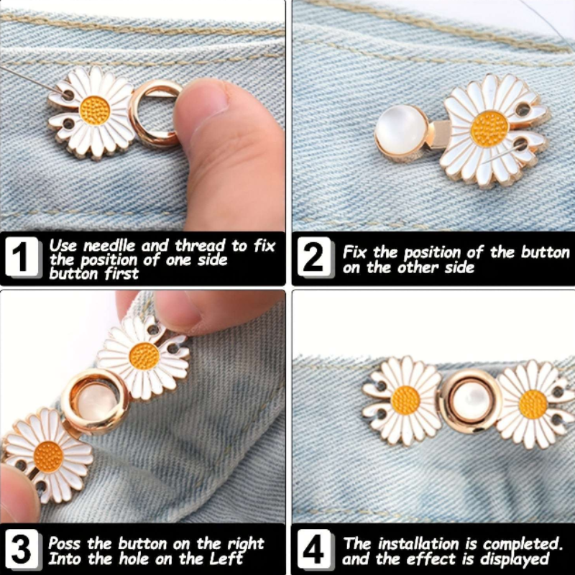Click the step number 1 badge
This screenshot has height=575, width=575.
22,257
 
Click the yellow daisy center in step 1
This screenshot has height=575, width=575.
95,111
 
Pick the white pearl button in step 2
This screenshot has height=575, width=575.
401,130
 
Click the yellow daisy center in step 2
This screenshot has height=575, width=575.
489,129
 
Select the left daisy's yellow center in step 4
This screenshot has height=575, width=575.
405,400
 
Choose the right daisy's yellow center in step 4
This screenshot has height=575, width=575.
533,404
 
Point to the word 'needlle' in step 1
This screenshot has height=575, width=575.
109,246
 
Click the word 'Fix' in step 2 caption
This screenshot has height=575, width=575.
354,252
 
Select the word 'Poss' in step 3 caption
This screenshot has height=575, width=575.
64,543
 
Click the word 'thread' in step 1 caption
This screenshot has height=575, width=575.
200,246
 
